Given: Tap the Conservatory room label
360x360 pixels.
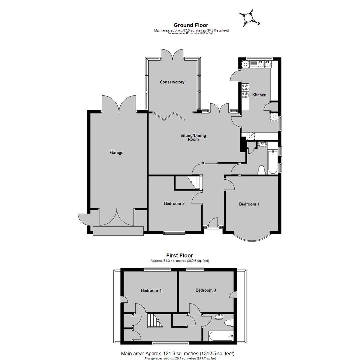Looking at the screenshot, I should click(172, 82).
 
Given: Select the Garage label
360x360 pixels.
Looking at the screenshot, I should click(117, 153).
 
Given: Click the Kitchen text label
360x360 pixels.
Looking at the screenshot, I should click(259, 95).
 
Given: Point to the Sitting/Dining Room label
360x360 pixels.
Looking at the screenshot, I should click(193, 137).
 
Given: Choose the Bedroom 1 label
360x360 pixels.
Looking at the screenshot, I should click(249, 204).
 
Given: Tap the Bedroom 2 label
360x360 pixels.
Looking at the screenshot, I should click(174, 203).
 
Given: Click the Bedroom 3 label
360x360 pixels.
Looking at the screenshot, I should click(206, 290).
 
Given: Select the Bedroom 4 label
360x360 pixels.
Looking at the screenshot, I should click(151, 290).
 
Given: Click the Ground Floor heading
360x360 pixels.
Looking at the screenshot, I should click(191, 25).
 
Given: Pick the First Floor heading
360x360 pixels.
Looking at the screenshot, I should click(180, 256).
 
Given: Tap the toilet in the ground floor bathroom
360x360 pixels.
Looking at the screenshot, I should click(262, 170).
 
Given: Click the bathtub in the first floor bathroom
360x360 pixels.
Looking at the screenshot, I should click(221, 336).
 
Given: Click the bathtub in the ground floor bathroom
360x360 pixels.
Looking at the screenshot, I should click(273, 162).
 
